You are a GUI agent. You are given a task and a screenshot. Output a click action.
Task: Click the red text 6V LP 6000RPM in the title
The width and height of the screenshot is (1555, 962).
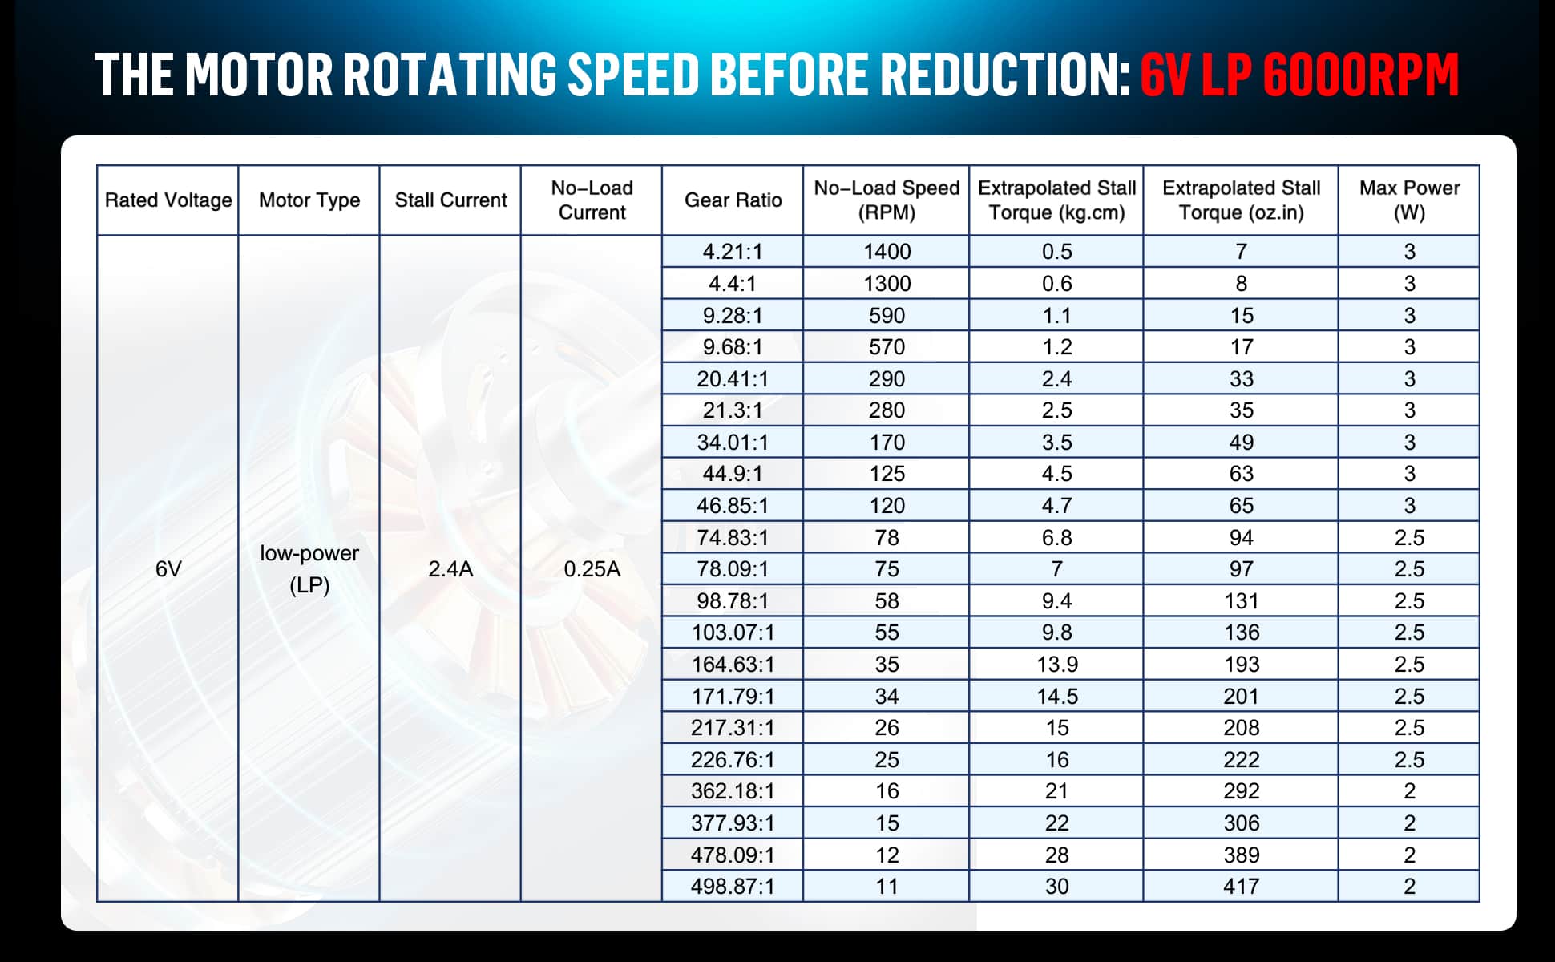(1299, 75)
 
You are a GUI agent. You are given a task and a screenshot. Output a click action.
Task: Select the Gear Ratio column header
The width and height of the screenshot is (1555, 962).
(733, 200)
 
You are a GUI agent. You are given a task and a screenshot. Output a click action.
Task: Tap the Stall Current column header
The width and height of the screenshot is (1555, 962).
(450, 200)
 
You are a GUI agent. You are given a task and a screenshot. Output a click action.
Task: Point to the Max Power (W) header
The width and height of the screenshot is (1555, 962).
(1409, 200)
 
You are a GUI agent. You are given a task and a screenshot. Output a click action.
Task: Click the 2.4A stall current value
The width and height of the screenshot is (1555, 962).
(450, 569)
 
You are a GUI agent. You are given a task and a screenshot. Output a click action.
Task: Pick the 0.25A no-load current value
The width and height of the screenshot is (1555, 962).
(592, 569)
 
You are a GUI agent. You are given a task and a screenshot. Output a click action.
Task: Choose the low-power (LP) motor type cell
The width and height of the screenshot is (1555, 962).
(309, 569)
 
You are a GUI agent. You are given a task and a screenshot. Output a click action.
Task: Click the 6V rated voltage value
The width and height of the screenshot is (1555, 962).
(168, 569)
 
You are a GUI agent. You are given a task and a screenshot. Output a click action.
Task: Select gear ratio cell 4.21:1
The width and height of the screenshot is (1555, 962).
(733, 252)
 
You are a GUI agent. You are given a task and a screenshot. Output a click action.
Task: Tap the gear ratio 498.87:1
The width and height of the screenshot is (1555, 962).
(733, 887)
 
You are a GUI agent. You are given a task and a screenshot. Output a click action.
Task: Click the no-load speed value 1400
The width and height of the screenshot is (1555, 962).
(887, 252)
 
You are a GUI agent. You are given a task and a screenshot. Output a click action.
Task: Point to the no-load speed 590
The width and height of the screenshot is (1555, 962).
(887, 315)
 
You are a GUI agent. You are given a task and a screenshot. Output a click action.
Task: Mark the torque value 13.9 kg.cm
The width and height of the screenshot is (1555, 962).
(1056, 665)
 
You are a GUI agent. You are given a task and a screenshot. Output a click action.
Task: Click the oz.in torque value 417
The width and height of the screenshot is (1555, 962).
(1241, 887)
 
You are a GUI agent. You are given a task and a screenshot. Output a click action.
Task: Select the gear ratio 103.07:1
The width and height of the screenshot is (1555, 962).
(733, 633)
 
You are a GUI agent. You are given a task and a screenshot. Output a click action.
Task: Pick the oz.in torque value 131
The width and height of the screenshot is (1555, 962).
(1241, 601)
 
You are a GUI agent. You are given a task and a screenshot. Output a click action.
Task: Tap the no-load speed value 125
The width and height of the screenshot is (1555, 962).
(887, 474)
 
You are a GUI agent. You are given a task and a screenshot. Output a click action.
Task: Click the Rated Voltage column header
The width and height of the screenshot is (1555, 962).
(168, 200)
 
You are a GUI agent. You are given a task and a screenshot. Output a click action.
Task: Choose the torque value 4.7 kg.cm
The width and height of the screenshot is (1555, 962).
(1056, 506)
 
